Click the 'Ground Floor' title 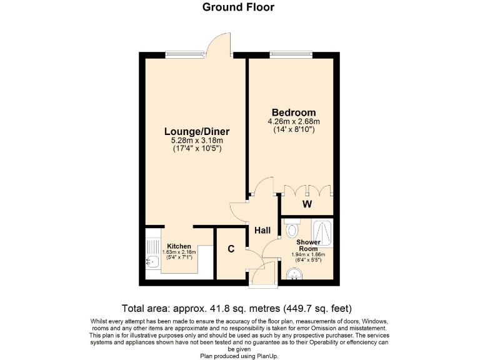click(x=238, y=7)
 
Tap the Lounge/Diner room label click(x=197, y=132)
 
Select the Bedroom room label click(x=293, y=112)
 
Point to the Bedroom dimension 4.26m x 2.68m click(x=293, y=122)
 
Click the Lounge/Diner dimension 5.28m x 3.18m click(x=197, y=141)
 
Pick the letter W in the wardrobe click(x=307, y=204)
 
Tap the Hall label click(x=262, y=231)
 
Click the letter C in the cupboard click(x=231, y=249)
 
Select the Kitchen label click(x=179, y=246)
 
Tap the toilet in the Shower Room click(x=292, y=230)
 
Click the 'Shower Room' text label click(x=308, y=246)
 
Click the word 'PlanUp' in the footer click(x=264, y=356)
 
